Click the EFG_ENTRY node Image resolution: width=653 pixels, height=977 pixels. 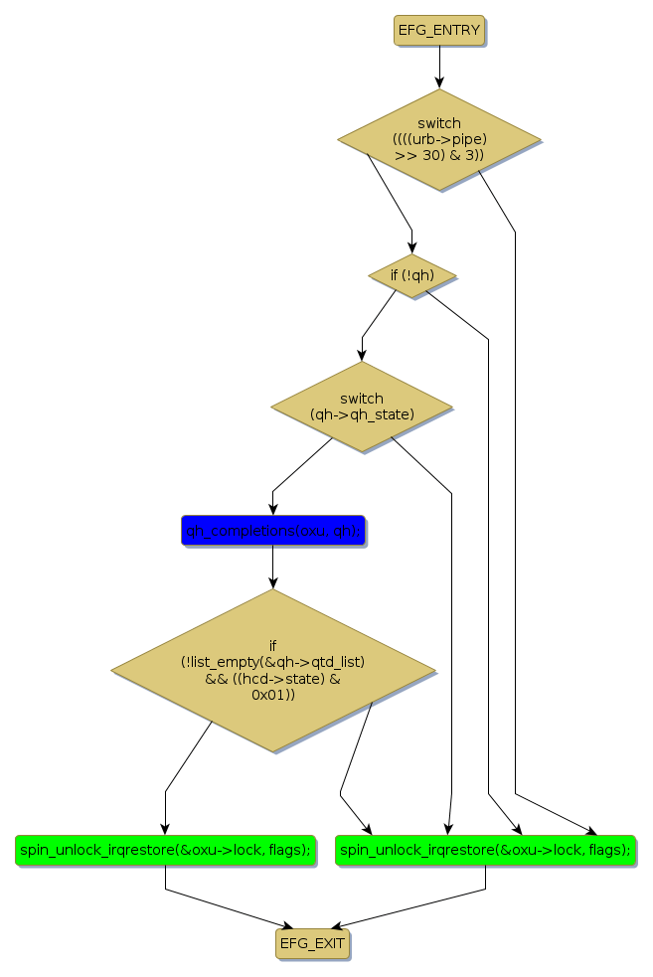coord(438,30)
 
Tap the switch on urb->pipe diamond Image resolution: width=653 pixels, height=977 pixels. coord(438,139)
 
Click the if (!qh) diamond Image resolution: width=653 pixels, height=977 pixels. coord(411,273)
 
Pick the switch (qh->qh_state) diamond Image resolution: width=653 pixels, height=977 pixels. coord(361,406)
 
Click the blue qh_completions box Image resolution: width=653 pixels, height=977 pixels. coord(273,531)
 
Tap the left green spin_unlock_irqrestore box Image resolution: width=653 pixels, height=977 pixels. coord(165,850)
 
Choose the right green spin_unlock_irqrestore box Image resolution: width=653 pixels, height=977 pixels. coord(485,850)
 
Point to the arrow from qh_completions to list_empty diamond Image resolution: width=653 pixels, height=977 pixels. coord(273,567)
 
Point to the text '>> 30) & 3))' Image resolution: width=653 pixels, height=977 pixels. coord(438,155)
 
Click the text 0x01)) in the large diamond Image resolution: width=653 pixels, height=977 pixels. coord(272,695)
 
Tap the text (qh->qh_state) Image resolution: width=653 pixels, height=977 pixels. coord(361,413)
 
